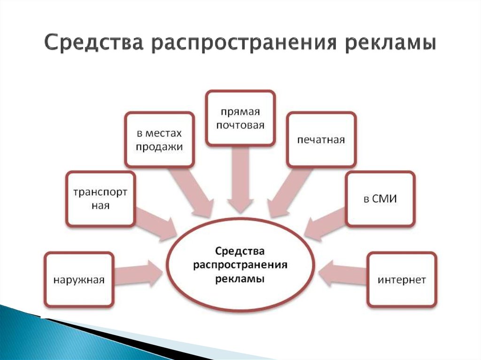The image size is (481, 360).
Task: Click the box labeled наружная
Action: point(79,279)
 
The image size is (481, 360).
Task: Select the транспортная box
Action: point(101,199)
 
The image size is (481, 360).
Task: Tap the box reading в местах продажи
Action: point(160,139)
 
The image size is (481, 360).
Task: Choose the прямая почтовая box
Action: point(240,118)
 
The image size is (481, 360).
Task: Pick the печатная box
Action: point(321,139)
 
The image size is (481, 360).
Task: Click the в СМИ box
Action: point(380,199)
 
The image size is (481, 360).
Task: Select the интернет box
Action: point(402,279)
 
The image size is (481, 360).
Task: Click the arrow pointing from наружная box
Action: point(138,274)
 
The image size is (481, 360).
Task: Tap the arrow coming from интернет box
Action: point(342,274)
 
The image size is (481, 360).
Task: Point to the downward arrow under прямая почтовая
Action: point(240,179)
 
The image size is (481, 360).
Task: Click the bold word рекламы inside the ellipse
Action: point(240,279)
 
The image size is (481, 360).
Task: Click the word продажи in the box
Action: point(160,147)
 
